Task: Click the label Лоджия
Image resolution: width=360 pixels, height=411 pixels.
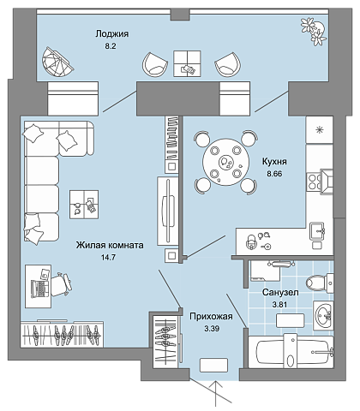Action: point(111,34)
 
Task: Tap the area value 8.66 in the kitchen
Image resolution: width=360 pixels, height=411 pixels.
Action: point(274,174)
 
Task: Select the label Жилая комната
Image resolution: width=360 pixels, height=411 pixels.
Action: point(110,245)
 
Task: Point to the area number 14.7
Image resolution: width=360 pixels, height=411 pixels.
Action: point(108,258)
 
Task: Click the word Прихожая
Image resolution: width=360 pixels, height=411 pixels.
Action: point(211,316)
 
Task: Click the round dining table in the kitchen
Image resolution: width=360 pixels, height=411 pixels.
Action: point(226,162)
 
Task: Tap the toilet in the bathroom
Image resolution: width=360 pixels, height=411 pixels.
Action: point(320,283)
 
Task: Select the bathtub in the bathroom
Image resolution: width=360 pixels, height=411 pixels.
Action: point(291,352)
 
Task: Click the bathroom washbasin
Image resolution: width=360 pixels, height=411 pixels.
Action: point(323,315)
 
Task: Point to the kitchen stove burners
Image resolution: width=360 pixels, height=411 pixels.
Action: point(314,182)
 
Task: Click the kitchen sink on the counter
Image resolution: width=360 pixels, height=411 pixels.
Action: point(317,231)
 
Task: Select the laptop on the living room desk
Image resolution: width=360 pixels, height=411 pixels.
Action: point(39,289)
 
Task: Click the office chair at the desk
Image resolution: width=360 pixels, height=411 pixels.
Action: point(61,284)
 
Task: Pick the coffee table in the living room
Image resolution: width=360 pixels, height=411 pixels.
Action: point(84,205)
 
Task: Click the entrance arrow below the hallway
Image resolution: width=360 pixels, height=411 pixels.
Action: point(217,396)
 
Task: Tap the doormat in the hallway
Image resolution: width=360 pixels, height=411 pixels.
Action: point(213,365)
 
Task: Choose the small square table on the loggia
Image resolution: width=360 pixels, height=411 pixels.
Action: point(187,63)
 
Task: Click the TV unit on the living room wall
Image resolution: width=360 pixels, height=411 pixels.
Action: point(167,211)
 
